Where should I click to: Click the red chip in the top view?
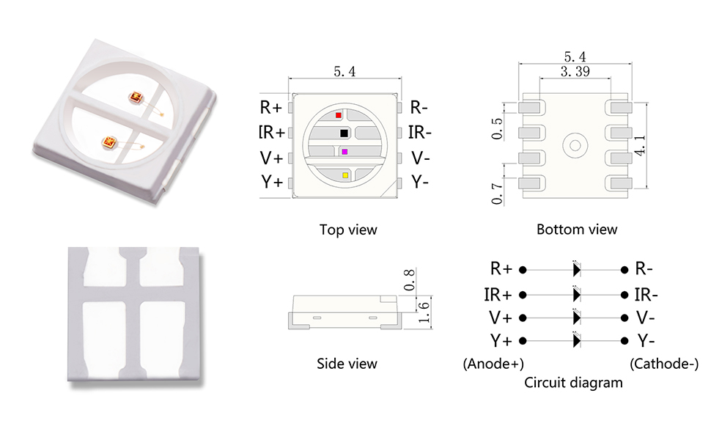point(338,115)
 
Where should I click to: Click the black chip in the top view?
point(344,133)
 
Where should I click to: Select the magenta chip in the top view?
point(345,151)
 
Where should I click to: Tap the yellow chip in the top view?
point(345,175)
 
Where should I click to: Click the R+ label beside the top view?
point(271,108)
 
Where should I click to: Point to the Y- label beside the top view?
point(420,182)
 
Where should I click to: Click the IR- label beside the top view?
point(420,133)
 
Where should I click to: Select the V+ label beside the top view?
point(271,158)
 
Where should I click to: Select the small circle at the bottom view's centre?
point(575,144)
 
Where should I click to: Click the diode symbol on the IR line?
point(576,295)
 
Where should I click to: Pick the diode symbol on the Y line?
point(576,341)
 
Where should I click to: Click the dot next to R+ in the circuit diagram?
point(523,270)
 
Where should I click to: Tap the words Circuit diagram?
point(574,382)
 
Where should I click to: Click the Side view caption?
point(347,363)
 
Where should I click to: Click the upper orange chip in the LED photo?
point(136,98)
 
